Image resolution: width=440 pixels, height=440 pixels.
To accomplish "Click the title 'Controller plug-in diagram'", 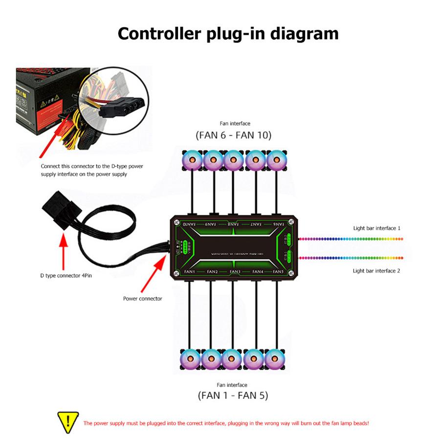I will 228,34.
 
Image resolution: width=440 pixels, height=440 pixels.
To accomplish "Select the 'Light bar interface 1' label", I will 377,228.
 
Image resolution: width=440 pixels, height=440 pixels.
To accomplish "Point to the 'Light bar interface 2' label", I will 377,270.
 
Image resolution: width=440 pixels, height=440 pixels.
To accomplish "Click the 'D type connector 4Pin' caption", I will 66,276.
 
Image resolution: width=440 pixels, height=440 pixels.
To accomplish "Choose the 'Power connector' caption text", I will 142,298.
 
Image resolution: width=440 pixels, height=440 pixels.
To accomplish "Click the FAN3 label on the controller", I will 235,271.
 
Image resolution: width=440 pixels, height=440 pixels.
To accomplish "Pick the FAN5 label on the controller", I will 278,271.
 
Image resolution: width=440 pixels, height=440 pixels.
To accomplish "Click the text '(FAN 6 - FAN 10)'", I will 233,134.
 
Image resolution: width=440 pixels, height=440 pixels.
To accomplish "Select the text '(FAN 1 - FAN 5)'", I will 233,396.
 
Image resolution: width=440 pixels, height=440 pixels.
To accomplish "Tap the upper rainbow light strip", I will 351,239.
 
